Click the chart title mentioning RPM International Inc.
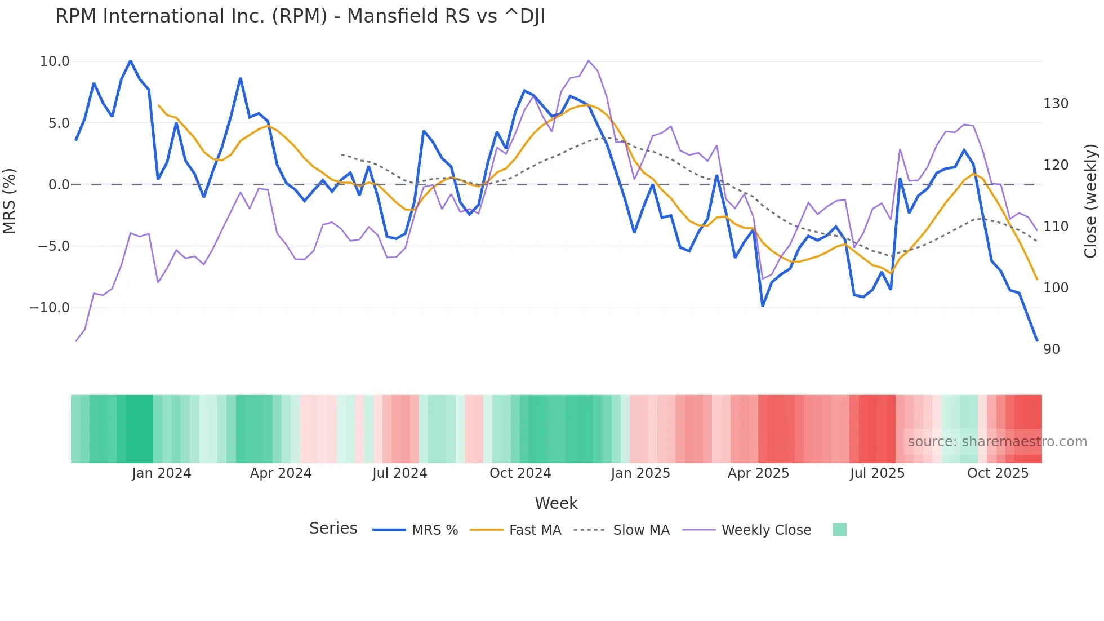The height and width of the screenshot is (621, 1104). [300, 16]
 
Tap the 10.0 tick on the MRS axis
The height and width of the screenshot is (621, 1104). [55, 61]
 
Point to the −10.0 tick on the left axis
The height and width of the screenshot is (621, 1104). [50, 308]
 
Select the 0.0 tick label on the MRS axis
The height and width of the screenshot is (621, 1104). [59, 185]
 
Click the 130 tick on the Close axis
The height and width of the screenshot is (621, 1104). [1056, 104]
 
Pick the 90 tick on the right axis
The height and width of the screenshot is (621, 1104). [1051, 349]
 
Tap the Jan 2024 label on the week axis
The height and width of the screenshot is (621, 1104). [162, 473]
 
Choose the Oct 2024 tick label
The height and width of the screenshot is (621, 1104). [520, 473]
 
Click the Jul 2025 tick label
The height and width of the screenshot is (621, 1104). [877, 473]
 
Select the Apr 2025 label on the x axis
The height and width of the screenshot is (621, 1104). [758, 473]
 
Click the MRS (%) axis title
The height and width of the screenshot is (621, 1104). [10, 201]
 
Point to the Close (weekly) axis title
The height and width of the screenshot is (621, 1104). [1090, 201]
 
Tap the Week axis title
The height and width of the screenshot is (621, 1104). [556, 503]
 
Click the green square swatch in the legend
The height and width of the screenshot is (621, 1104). [839, 530]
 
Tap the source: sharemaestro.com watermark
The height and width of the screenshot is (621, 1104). [997, 442]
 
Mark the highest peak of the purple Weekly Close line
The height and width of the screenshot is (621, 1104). [589, 60]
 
